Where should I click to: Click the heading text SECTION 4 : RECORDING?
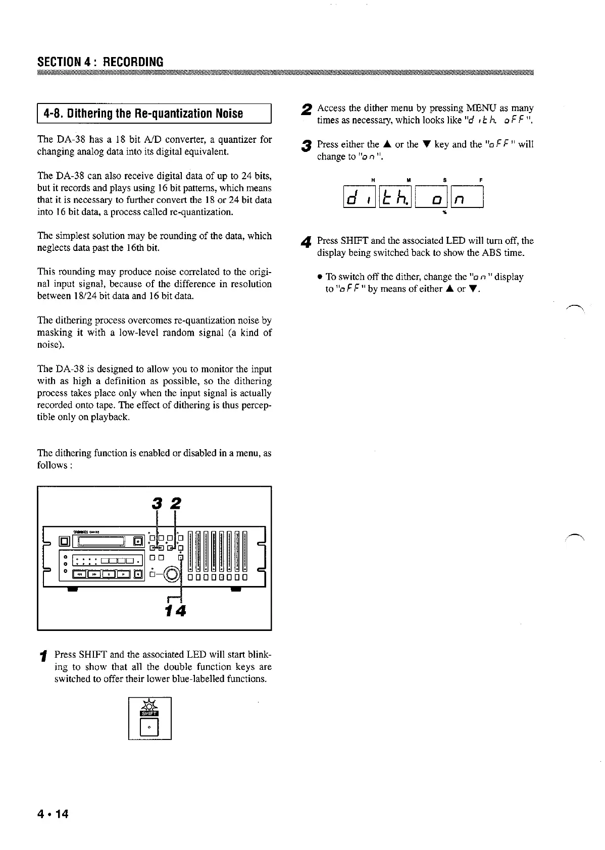(100, 62)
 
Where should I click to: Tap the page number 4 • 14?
(53, 814)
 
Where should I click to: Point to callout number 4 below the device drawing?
(180, 611)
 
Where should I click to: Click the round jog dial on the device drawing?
(172, 574)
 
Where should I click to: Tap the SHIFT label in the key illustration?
(150, 713)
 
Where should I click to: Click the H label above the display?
(373, 180)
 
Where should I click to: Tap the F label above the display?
(479, 180)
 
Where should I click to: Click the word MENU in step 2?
(481, 108)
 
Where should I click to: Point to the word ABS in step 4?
(491, 253)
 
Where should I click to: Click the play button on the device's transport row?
(123, 573)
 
